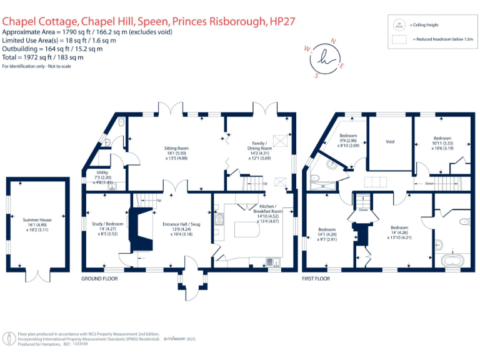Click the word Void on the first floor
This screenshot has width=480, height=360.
pos(389,142)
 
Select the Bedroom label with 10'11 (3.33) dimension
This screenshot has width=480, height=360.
pos(442,138)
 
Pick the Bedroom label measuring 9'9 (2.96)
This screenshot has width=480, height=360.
pos(348,136)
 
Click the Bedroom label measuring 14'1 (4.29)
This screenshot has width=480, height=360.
pos(327,229)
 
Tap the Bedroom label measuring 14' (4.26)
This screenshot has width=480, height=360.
pos(399,227)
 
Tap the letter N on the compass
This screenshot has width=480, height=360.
pos(333,41)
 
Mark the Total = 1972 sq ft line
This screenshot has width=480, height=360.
pos(44,57)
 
